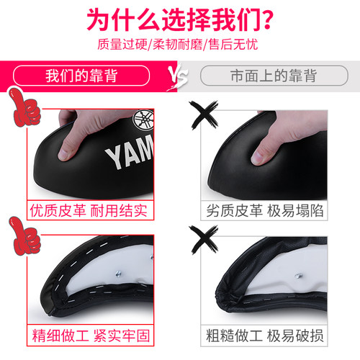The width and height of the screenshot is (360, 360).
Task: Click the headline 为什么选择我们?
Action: pyautogui.click(x=180, y=19)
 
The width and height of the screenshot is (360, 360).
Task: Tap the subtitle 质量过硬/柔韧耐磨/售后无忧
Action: pyautogui.click(x=178, y=45)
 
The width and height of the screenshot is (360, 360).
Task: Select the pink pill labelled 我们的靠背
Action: pyautogui.click(x=81, y=76)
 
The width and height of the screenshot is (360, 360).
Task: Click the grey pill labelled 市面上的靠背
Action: pyautogui.click(x=274, y=76)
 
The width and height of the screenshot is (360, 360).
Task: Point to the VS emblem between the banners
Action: pyautogui.click(x=178, y=76)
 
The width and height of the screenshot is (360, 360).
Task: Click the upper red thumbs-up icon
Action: pyautogui.click(x=24, y=107)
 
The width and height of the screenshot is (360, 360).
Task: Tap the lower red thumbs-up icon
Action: pyautogui.click(x=24, y=235)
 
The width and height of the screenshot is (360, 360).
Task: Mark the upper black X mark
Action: pyautogui.click(x=204, y=114)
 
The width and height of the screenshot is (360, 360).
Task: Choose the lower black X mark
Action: pyautogui.click(x=204, y=239)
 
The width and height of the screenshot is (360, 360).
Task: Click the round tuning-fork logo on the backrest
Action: pyautogui.click(x=143, y=121)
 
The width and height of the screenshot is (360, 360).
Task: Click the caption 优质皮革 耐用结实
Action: pyautogui.click(x=89, y=210)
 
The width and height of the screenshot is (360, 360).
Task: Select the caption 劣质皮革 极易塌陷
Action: pyautogui.click(x=265, y=210)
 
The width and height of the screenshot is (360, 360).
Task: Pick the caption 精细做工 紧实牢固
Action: pyautogui.click(x=91, y=336)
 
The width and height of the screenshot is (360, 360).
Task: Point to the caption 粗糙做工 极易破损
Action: pyautogui.click(x=265, y=336)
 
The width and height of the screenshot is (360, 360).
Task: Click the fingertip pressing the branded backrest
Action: pyautogui.click(x=65, y=154)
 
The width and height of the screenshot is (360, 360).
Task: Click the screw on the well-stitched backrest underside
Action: pyautogui.click(x=118, y=274)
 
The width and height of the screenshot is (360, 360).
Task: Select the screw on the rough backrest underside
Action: pyautogui.click(x=298, y=276)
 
